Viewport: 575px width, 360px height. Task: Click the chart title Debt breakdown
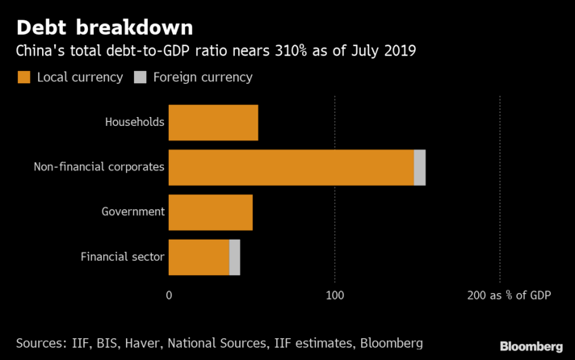click(x=104, y=27)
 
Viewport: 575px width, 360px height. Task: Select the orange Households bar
click(x=213, y=123)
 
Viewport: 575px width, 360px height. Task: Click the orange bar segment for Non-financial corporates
click(x=291, y=167)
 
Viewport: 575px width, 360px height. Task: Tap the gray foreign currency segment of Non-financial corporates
click(x=419, y=167)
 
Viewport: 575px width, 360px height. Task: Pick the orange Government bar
click(x=211, y=212)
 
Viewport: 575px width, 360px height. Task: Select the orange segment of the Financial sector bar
click(x=199, y=257)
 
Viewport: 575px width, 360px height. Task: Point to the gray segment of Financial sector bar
click(x=235, y=257)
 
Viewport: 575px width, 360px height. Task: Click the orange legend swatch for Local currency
click(x=23, y=77)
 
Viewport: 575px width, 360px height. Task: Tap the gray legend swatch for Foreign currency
click(x=139, y=77)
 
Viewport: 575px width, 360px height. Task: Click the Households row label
click(x=135, y=123)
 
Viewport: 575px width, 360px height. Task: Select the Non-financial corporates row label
click(x=99, y=167)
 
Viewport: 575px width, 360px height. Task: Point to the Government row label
click(x=133, y=212)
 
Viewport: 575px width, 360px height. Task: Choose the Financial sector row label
click(x=123, y=257)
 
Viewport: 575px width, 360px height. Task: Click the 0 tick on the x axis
click(x=169, y=296)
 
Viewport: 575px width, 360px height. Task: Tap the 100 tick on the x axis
click(x=334, y=296)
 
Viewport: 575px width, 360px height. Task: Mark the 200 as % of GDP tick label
click(x=509, y=296)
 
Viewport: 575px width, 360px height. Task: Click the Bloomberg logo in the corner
click(x=531, y=345)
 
